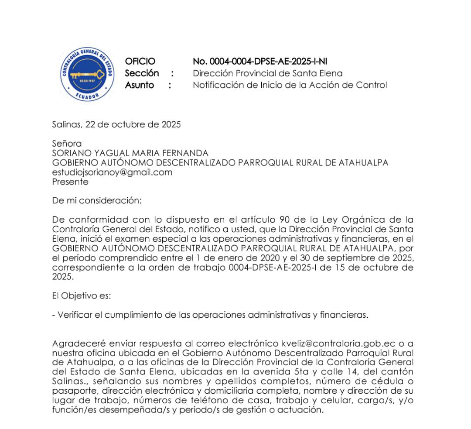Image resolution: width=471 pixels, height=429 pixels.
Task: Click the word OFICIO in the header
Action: [x=140, y=62]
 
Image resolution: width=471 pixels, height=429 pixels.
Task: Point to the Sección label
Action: [x=142, y=73]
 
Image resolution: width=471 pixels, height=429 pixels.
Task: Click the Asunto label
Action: [x=140, y=85]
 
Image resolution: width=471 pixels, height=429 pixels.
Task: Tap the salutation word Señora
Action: [x=67, y=144]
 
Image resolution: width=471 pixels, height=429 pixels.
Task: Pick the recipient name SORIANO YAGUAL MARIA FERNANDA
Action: [x=130, y=153]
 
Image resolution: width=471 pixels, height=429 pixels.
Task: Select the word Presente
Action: [x=70, y=182]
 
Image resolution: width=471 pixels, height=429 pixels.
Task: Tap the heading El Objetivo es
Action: [x=82, y=295]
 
